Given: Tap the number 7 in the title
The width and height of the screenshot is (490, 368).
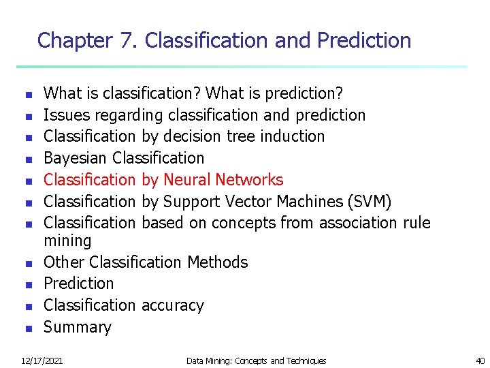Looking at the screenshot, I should click(x=125, y=41).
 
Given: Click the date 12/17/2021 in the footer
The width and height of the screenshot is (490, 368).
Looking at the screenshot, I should click(x=42, y=361).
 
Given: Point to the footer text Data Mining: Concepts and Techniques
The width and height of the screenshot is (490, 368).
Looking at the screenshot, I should click(x=256, y=361).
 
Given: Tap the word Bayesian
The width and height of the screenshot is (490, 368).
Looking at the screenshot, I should click(x=76, y=158).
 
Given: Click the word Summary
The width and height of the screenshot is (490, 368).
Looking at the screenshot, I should click(x=77, y=327).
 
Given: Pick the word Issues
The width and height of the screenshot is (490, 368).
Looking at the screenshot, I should click(x=63, y=114).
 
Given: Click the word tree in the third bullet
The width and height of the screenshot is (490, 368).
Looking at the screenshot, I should click(x=240, y=136).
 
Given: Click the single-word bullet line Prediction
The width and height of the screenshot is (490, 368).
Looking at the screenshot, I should click(x=78, y=283).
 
